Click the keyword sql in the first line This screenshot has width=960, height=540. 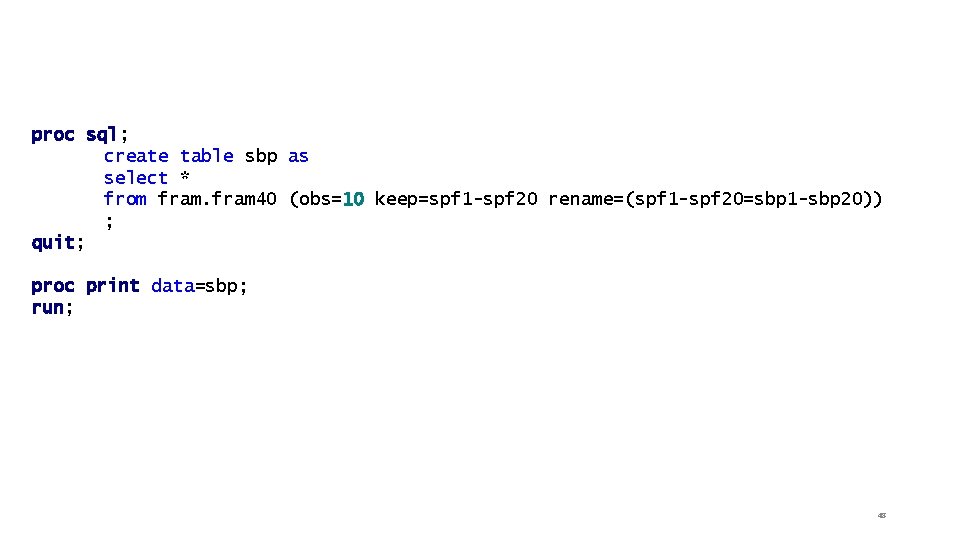tap(101, 134)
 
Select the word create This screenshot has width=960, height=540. tap(136, 156)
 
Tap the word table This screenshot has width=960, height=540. tap(206, 156)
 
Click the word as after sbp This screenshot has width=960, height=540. tap(298, 156)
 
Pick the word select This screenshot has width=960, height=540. tap(136, 178)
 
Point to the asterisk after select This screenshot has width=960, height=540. tap(185, 177)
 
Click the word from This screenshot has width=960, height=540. tap(125, 199)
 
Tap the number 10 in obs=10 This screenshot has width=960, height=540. tap(352, 199)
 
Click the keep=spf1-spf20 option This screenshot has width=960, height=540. tap(456, 199)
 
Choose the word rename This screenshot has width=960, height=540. tap(580, 199)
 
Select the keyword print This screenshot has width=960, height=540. tap(112, 286)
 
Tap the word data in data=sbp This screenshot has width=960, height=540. tap(172, 286)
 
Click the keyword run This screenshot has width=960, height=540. tap(48, 308)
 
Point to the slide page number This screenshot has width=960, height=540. tap(881, 516)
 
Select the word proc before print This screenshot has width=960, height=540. tap(53, 286)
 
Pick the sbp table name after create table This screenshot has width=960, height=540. tap(260, 156)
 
